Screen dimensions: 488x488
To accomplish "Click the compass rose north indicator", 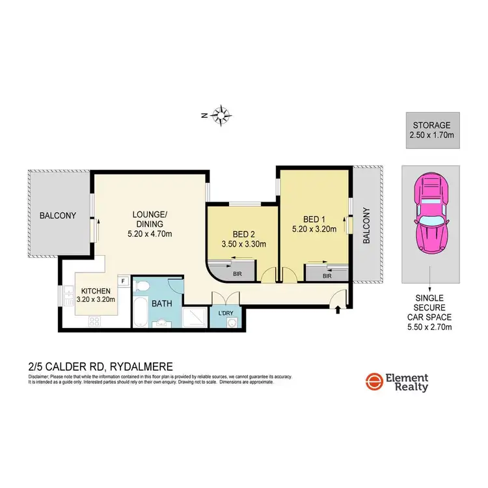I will [222, 115].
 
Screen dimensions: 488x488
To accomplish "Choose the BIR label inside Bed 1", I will [327, 275].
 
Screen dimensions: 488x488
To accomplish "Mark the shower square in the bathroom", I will [194, 317].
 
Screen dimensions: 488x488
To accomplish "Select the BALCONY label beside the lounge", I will [57, 215].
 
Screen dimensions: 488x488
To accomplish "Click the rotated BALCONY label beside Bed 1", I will [366, 226].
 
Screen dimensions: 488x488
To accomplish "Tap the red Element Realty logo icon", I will [373, 382].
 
